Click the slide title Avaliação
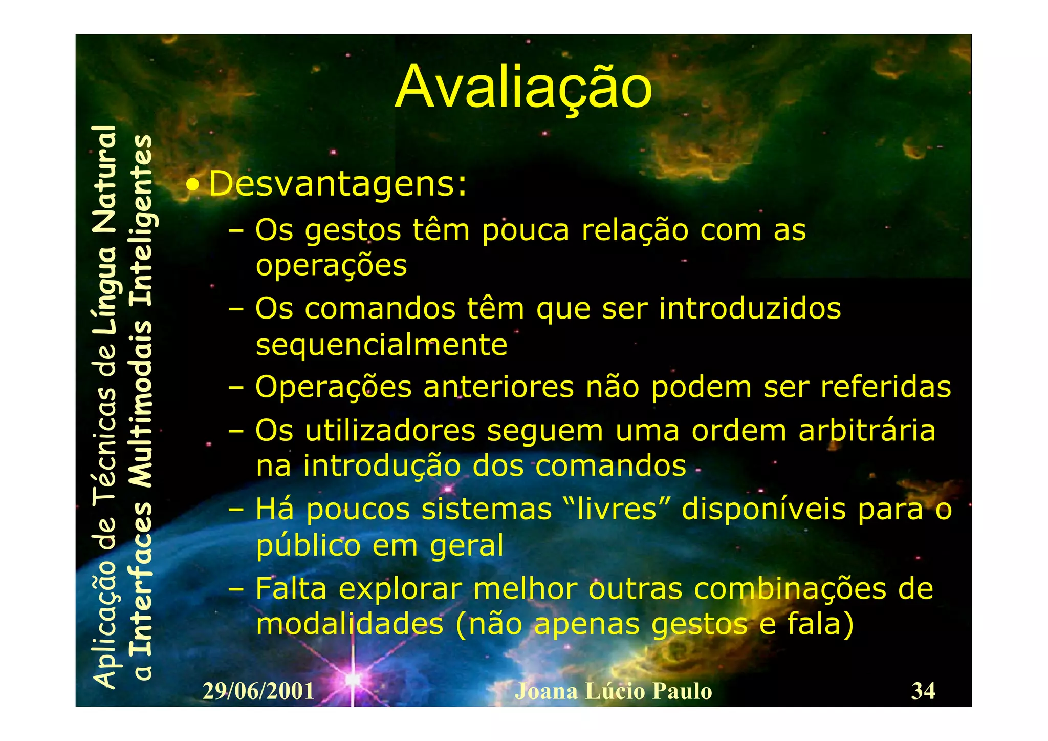523,88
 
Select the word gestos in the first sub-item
353,231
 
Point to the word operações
331,266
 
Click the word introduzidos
750,309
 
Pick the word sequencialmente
381,345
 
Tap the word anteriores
498,387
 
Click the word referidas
885,387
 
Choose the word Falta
291,589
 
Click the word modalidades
350,624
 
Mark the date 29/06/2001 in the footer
258,691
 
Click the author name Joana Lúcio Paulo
613,691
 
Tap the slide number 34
923,691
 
